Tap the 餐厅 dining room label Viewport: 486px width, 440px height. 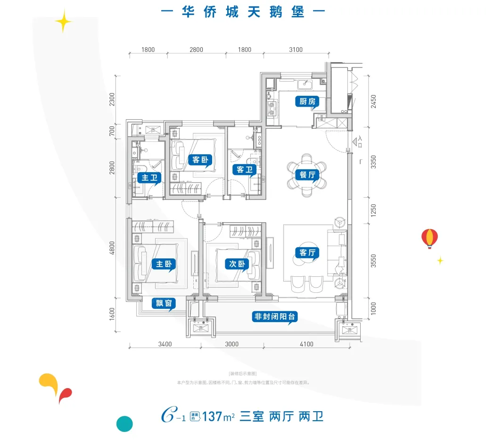click(x=307, y=175)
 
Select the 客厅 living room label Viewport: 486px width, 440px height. click(x=307, y=253)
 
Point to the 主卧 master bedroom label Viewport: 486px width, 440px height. click(x=163, y=264)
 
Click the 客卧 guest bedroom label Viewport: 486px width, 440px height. click(x=199, y=159)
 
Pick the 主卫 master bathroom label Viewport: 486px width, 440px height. click(x=149, y=178)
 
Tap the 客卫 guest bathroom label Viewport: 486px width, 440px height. click(x=245, y=169)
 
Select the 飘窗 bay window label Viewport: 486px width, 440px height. click(x=164, y=304)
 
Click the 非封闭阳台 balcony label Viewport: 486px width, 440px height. click(x=275, y=317)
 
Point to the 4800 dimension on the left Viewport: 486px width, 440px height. click(x=112, y=248)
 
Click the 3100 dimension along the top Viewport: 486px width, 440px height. click(x=296, y=50)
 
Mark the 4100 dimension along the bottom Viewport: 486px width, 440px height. click(x=306, y=344)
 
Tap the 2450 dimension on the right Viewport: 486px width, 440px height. click(x=374, y=101)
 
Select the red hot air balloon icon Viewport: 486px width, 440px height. click(x=429, y=238)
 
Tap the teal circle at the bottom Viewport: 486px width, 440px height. click(x=124, y=423)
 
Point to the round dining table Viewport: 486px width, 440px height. click(x=307, y=174)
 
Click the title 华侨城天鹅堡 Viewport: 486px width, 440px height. click(x=243, y=12)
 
